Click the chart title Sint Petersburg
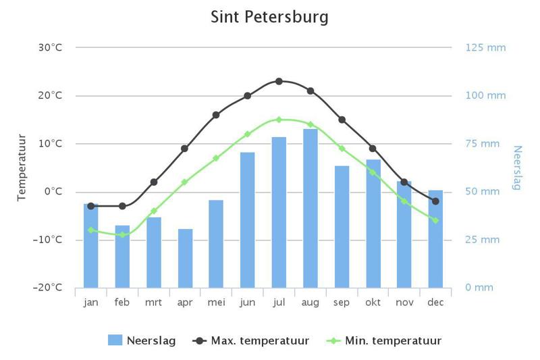point(269,16)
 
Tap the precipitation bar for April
point(185,258)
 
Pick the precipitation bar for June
point(248,220)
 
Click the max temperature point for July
point(279,81)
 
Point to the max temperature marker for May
point(216,115)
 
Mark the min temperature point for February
point(122,234)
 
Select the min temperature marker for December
point(435,220)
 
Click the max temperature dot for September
point(342,120)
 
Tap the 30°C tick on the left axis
point(50,47)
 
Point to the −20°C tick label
point(48,288)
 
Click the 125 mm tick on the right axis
point(485,47)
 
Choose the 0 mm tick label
point(479,288)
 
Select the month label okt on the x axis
point(373,303)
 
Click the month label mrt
point(153,303)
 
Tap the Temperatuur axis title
point(22,167)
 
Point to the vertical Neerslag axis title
point(517,168)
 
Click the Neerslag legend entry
point(142,340)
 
